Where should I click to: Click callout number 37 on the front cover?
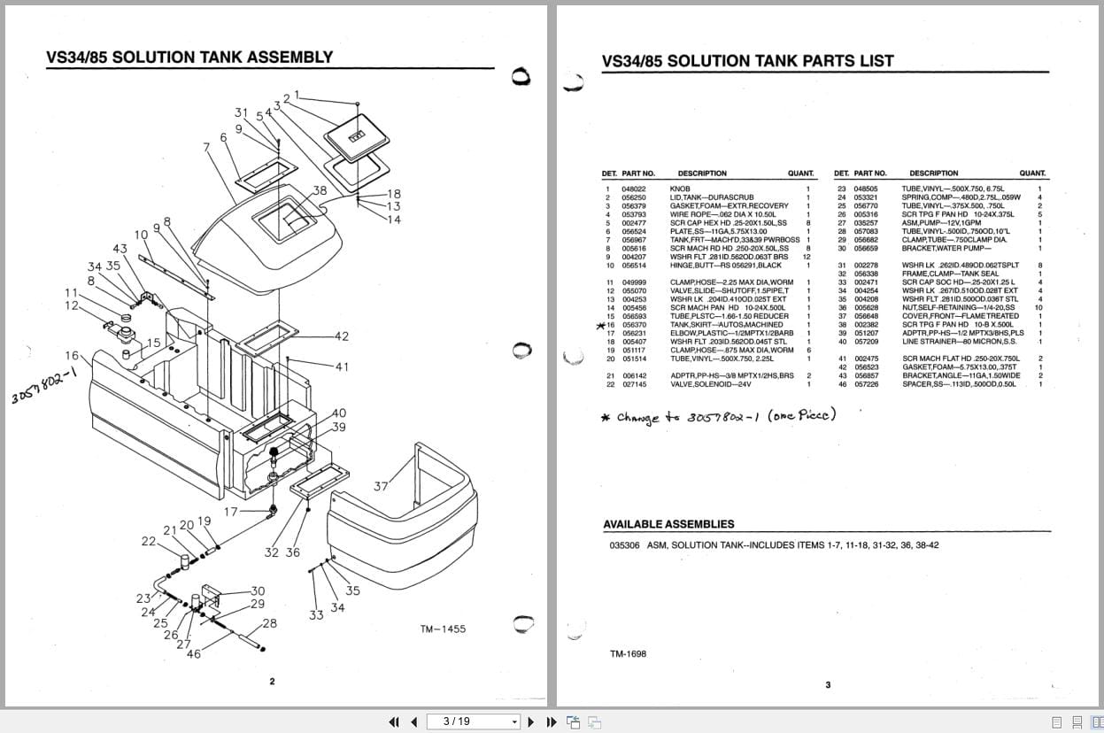(381, 486)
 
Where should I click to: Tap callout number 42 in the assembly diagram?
(342, 336)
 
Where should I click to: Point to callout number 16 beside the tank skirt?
(72, 355)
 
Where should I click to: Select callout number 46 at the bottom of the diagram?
(193, 654)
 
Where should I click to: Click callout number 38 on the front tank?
(320, 190)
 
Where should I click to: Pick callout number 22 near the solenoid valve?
(149, 541)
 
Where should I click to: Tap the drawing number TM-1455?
(443, 629)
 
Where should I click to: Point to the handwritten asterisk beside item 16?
(600, 326)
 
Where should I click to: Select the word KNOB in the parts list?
(680, 189)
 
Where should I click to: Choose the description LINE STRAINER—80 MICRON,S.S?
(952, 342)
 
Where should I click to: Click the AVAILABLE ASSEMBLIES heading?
(668, 524)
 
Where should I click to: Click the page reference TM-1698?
(628, 654)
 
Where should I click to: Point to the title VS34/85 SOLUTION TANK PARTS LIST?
(747, 61)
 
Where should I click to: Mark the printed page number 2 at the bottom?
(272, 682)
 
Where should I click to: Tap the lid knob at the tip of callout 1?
(357, 104)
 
